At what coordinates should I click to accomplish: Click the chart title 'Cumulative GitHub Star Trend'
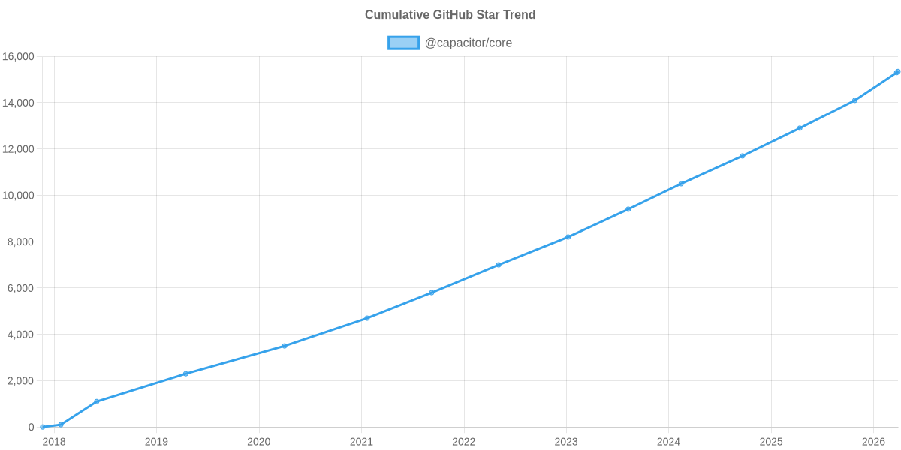[450, 15]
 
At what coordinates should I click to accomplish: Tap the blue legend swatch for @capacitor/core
[403, 43]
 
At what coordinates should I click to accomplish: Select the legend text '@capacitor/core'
[468, 43]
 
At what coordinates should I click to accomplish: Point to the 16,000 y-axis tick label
[18, 57]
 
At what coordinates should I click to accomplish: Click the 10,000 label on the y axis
[18, 196]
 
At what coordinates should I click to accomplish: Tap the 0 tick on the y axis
[32, 427]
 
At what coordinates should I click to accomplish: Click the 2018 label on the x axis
[54, 441]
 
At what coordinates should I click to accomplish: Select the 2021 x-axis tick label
[361, 441]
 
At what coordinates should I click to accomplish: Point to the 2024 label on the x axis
[668, 441]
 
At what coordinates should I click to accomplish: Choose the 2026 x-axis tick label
[873, 441]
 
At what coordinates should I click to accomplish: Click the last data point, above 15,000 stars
[897, 72]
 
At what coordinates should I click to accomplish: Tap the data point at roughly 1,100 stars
[97, 401]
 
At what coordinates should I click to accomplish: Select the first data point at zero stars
[43, 427]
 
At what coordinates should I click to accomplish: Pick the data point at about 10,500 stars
[681, 184]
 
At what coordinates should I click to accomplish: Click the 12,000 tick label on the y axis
[18, 149]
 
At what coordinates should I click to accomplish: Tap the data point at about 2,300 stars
[185, 373]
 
